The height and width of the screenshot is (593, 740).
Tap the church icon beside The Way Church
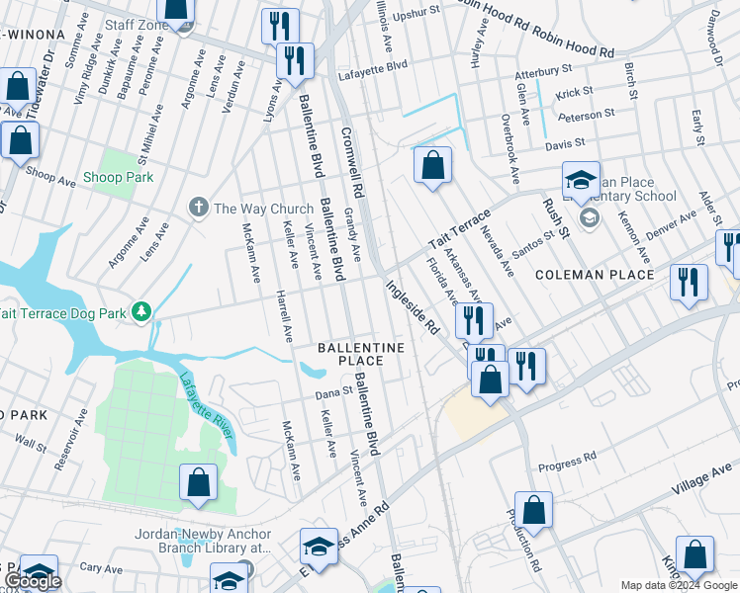tap(198, 208)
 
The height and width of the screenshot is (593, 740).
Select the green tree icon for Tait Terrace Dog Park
tap(142, 313)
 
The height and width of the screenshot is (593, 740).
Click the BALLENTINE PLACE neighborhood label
tap(361, 355)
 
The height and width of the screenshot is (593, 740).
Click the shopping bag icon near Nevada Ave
tap(432, 165)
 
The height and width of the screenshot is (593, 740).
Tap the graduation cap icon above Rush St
tap(581, 179)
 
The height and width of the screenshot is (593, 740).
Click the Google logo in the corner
tap(33, 582)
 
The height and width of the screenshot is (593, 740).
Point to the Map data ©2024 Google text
tap(678, 585)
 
